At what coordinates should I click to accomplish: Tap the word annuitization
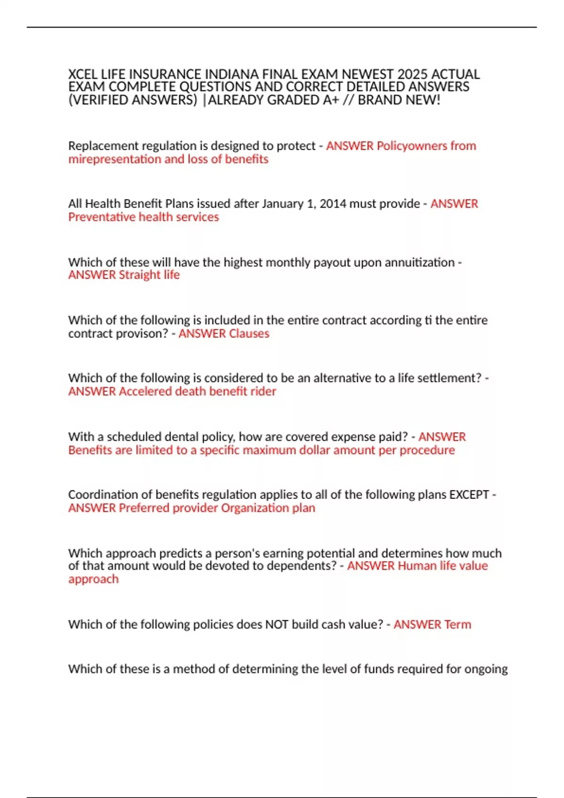coord(419,262)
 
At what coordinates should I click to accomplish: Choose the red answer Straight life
coord(149,275)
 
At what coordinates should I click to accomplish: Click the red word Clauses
coord(247,333)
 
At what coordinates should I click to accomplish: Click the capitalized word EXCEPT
coord(469,495)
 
